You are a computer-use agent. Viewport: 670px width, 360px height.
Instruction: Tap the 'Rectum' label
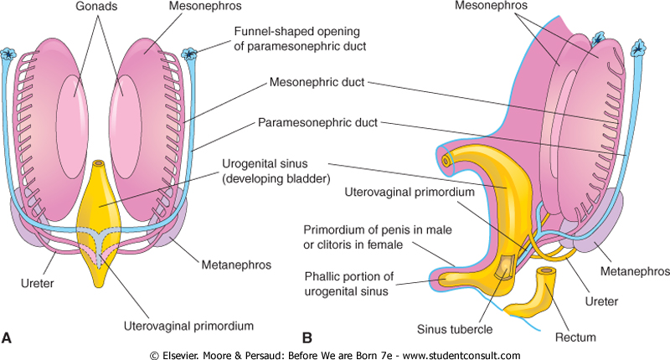[x=575, y=337]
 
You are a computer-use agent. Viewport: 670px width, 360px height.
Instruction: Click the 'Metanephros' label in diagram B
[x=633, y=272]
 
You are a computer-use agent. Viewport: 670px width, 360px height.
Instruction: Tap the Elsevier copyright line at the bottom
[x=335, y=354]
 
